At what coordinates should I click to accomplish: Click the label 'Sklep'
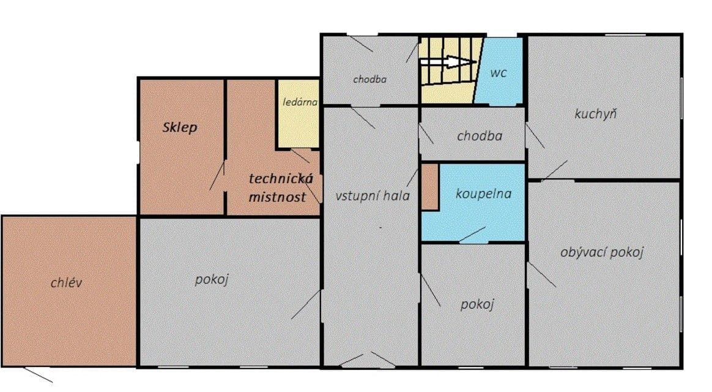pos(180,127)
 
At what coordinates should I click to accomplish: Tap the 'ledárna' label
pos(300,102)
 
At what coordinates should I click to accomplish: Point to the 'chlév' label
pos(66,282)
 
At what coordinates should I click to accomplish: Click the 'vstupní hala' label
pos(373,196)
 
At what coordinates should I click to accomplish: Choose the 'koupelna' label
pos(484,194)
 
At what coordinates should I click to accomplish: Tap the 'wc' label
pos(499,73)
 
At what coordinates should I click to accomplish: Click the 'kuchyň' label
pos(595,114)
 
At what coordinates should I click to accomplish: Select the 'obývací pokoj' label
pos(602,252)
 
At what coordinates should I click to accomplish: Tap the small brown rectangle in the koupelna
pos(429,187)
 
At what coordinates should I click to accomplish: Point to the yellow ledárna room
pos(299,114)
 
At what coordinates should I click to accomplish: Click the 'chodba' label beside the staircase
pos(369,79)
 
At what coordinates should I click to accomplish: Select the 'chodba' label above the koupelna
pos(480,136)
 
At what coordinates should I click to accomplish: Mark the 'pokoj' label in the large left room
pos(211,279)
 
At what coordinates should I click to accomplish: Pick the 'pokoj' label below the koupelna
pos(477,304)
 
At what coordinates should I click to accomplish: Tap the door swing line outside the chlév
pos(38,375)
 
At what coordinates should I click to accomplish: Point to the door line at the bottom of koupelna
pos(472,235)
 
